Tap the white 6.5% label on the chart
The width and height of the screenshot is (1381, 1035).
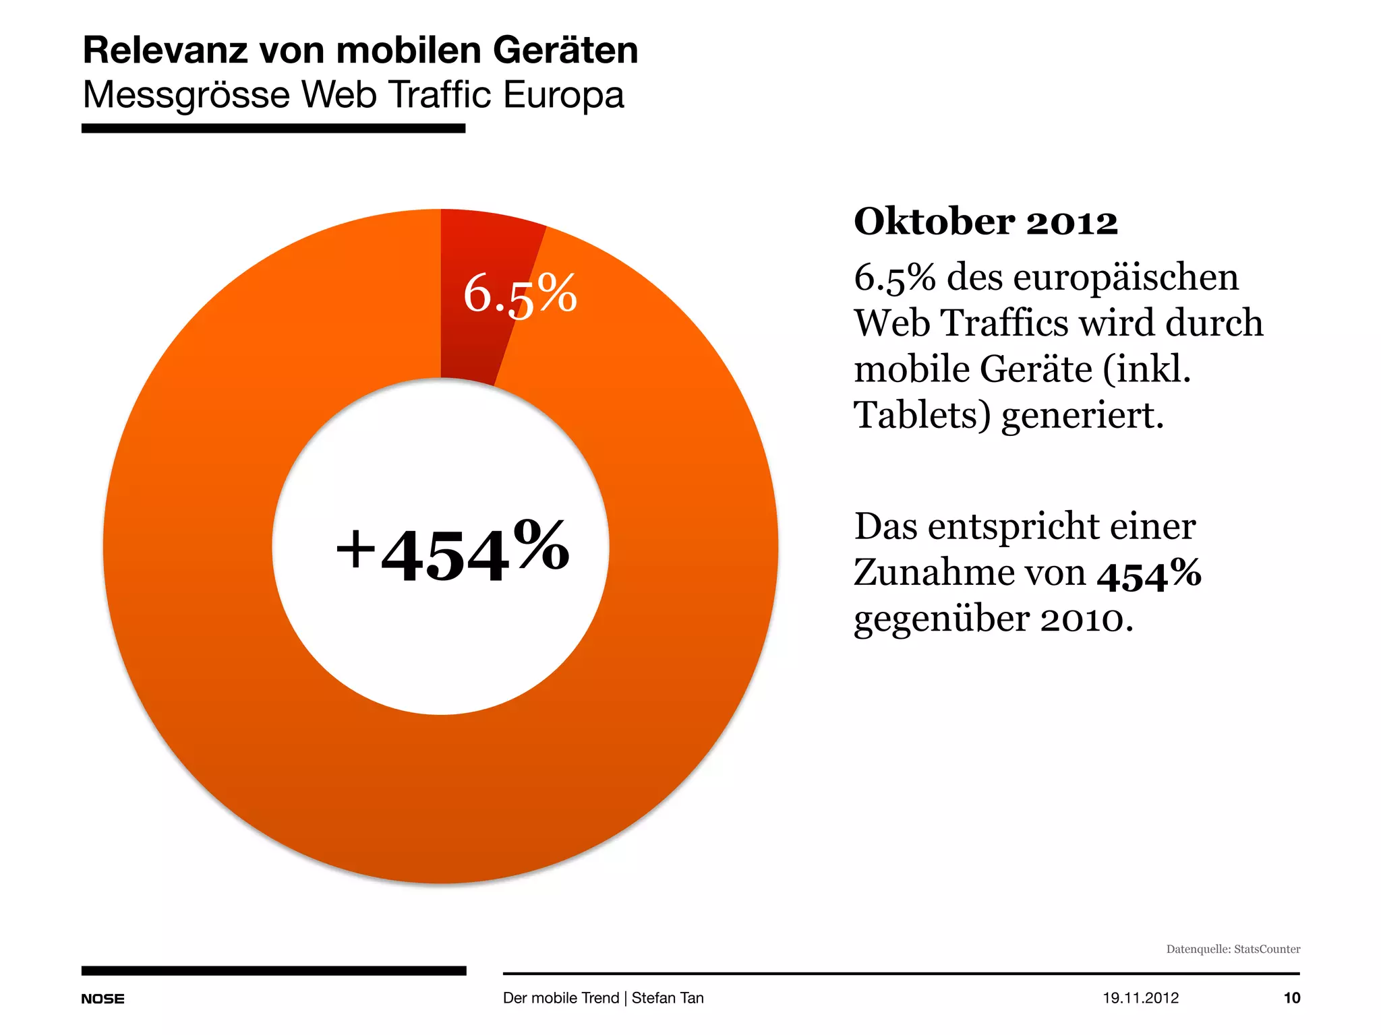(x=520, y=294)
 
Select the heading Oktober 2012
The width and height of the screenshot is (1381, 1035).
(x=985, y=222)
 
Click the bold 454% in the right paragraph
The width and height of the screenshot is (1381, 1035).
(x=1148, y=575)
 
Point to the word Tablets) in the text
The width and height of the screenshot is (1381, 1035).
(x=921, y=415)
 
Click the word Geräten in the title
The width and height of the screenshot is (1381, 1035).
(x=565, y=51)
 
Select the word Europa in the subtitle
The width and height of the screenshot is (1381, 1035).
(x=563, y=95)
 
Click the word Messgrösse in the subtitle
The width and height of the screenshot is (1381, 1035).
(x=186, y=95)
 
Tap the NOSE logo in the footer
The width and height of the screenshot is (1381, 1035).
(x=102, y=999)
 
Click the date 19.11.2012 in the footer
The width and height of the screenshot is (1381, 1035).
(x=1140, y=998)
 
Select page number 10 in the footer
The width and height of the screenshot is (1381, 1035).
(x=1291, y=998)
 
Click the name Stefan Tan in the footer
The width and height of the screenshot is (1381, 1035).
(x=667, y=998)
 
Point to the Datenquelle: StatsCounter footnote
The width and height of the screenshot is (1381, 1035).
(x=1233, y=949)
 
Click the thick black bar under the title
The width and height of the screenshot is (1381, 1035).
(x=273, y=128)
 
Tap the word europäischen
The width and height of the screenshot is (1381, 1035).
(x=1125, y=278)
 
